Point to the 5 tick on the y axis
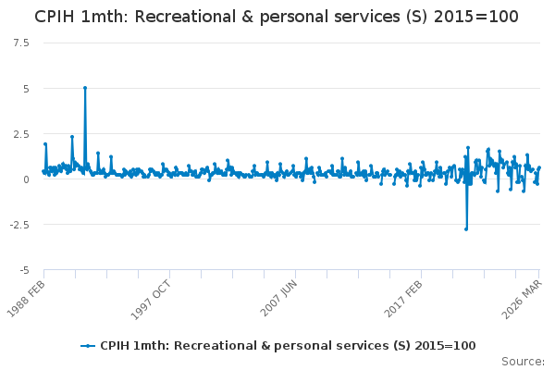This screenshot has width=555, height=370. point(26,89)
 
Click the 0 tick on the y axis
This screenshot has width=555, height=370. point(26,179)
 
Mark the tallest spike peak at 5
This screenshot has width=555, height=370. point(85,88)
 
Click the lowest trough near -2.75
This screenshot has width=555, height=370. point(466,229)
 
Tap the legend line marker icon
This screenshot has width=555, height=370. point(88,346)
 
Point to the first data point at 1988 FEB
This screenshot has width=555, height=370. point(43,171)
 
